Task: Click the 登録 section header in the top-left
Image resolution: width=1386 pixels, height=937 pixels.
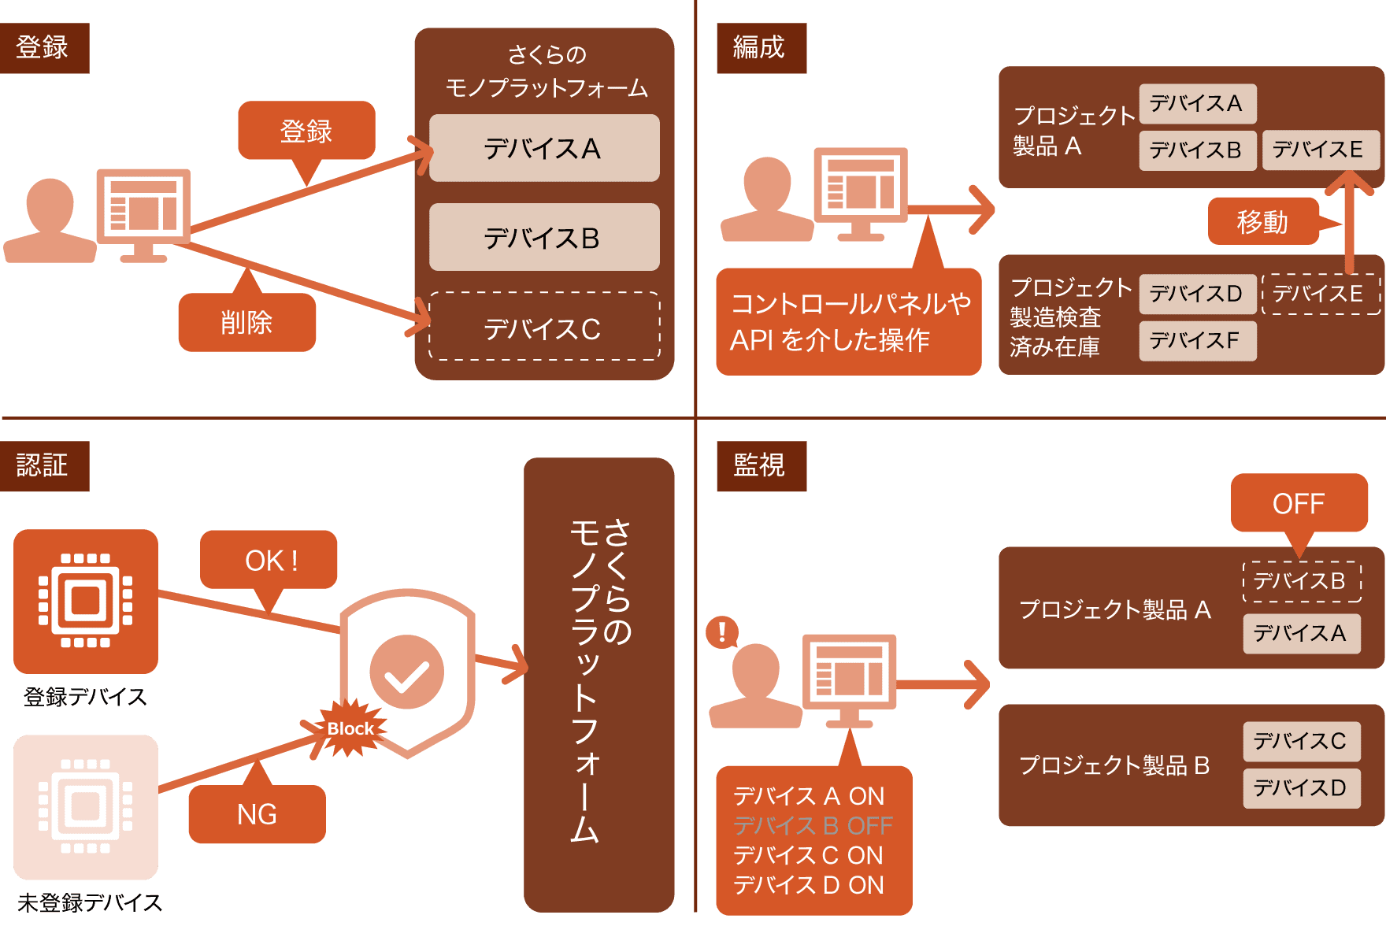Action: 44,48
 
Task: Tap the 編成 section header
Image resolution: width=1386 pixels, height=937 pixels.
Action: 761,48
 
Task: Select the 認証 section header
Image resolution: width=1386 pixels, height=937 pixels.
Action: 44,466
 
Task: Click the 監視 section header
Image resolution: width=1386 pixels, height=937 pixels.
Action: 761,466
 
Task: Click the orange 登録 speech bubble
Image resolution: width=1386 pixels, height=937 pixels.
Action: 306,130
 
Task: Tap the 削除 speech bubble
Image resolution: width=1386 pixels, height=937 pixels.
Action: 246,322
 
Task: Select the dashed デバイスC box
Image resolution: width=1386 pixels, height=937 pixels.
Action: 544,328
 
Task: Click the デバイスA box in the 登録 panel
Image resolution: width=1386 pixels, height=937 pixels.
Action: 544,148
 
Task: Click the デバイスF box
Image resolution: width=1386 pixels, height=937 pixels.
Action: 1197,341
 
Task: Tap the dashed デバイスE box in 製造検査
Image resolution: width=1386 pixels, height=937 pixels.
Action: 1320,294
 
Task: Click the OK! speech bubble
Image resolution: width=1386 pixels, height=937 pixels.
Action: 269,560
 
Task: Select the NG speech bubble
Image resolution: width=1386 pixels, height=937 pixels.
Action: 257,814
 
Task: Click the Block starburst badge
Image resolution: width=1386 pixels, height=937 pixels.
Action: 350,729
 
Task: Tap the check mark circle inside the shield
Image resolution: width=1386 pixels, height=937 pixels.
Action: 407,672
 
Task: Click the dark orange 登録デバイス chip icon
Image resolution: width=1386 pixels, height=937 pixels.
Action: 86,601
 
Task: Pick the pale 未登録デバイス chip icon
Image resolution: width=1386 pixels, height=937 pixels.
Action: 86,806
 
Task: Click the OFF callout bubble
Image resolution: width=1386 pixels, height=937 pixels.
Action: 1299,503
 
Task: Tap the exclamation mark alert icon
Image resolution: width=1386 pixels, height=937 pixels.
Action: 721,631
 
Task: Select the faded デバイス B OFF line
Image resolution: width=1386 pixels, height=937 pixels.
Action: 812,826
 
